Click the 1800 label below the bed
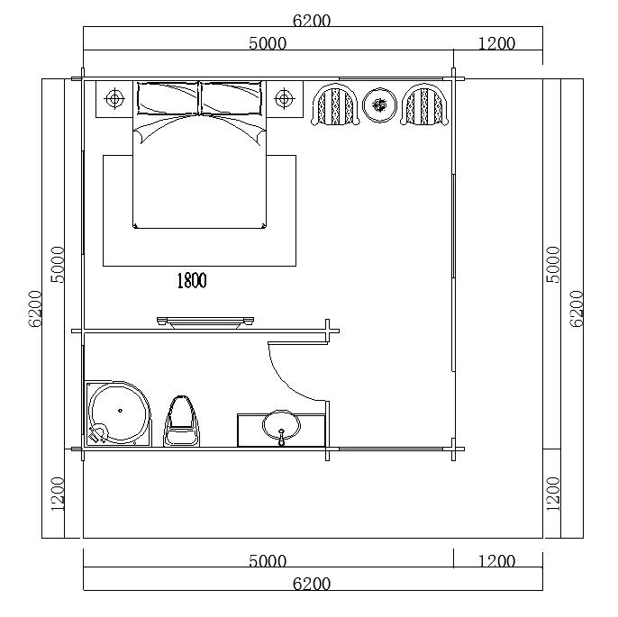192,280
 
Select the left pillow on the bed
168,98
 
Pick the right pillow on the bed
231,98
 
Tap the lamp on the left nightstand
114,98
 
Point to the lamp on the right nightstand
284,98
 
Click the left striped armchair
335,104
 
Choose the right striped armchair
424,104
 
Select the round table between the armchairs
379,105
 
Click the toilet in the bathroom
181,422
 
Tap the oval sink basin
281,425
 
